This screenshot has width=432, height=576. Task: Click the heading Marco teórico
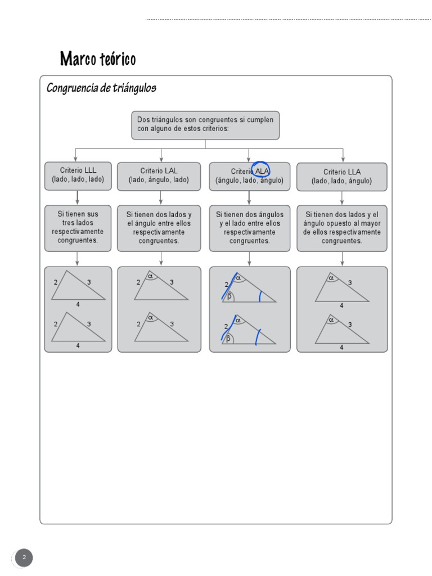pyautogui.click(x=98, y=58)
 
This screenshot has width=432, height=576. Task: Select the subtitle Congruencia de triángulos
pyautogui.click(x=101, y=88)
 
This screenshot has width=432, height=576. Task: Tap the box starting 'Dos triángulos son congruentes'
pyautogui.click(x=205, y=125)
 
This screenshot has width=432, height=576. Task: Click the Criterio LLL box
pyautogui.click(x=78, y=175)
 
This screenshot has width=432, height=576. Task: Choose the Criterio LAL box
pyautogui.click(x=159, y=175)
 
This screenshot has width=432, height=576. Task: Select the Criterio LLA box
pyautogui.click(x=341, y=176)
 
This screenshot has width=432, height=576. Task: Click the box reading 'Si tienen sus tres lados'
pyautogui.click(x=78, y=227)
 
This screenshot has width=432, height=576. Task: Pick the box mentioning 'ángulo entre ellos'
pyautogui.click(x=159, y=227)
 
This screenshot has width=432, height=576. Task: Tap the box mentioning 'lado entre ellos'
pyautogui.click(x=250, y=227)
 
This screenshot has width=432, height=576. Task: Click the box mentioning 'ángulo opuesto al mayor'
pyautogui.click(x=341, y=227)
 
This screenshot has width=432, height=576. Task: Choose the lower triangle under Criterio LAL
pyautogui.click(x=160, y=328)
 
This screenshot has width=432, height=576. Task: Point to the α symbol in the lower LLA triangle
pyautogui.click(x=331, y=319)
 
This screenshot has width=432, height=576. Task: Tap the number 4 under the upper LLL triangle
pyautogui.click(x=78, y=304)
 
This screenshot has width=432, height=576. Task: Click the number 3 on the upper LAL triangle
pyautogui.click(x=172, y=282)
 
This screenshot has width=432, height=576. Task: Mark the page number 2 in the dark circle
pyautogui.click(x=24, y=558)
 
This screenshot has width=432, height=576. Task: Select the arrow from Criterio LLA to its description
pyautogui.click(x=343, y=197)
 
